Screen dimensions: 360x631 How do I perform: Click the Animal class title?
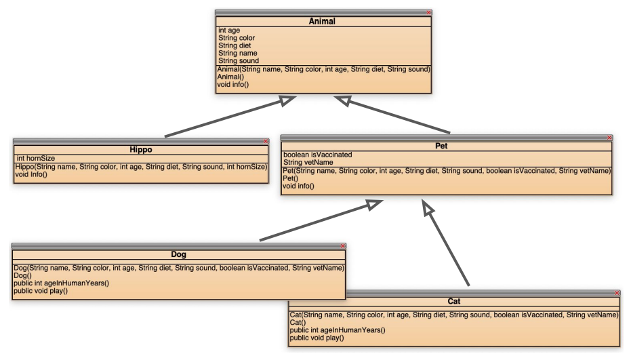click(x=323, y=22)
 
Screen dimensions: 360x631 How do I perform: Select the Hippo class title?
click(x=142, y=150)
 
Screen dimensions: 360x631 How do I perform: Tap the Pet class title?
click(x=447, y=146)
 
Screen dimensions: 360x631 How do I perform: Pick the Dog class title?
click(x=179, y=255)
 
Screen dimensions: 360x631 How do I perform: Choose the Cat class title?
click(x=454, y=301)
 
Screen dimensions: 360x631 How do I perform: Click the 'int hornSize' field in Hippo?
click(x=35, y=158)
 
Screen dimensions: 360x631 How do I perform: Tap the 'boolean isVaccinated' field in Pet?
click(x=317, y=155)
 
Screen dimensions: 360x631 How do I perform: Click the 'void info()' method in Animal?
click(x=232, y=85)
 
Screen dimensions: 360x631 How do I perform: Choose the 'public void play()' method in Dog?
click(x=41, y=291)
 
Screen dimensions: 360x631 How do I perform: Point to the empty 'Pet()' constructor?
click(x=290, y=178)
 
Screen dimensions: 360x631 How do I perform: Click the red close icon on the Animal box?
click(x=428, y=13)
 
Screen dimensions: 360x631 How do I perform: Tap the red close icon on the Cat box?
click(x=616, y=292)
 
